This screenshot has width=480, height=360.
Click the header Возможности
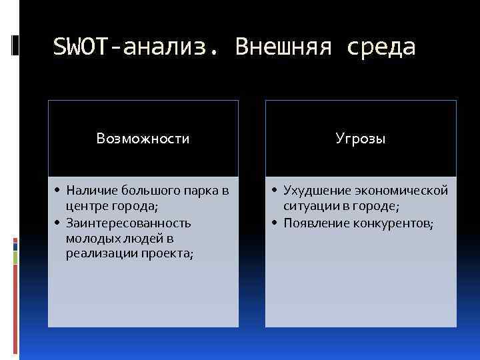click(143, 139)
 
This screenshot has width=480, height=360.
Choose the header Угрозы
click(361, 139)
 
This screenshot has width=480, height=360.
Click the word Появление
click(314, 223)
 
